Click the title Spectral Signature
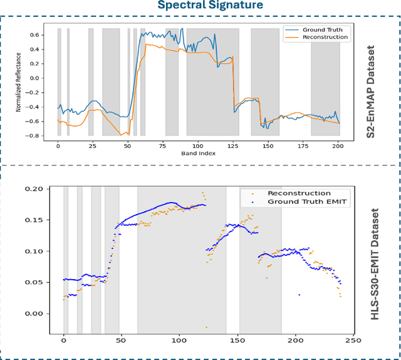[x=200, y=6]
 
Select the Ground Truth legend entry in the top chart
[x=321, y=29]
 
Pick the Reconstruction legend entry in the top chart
[x=325, y=37]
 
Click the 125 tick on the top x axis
[x=233, y=144]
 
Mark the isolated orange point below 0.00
[x=206, y=327]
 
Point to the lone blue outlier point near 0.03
[x=299, y=295]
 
